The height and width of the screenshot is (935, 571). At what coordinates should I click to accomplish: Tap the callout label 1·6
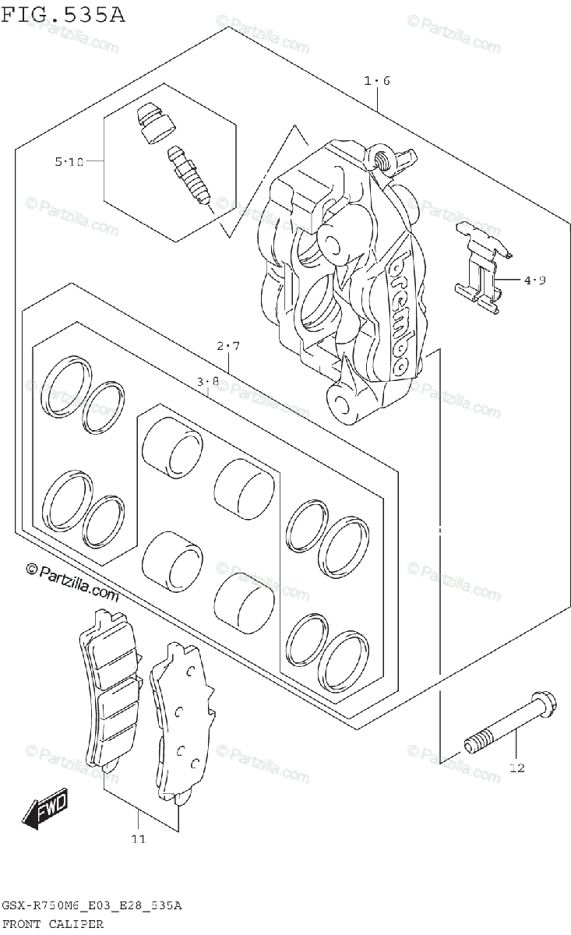(376, 80)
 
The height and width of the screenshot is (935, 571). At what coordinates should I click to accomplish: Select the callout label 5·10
(69, 162)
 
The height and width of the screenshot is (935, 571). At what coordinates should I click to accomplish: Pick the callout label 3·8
(207, 382)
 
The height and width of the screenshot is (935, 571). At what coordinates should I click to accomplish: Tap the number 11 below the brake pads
(139, 839)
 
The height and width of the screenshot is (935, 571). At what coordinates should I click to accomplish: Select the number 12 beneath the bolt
(517, 768)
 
